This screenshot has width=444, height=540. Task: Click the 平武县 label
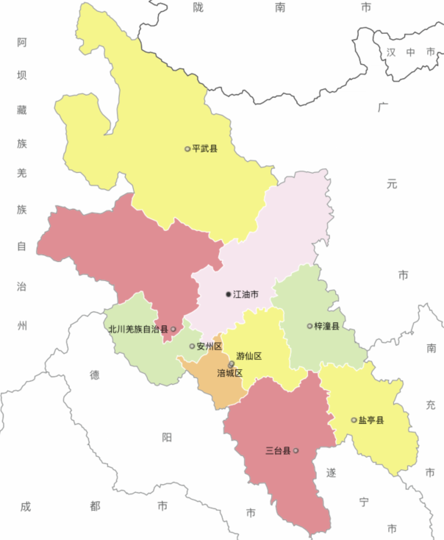point(205,149)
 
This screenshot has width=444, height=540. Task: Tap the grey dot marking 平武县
point(187,149)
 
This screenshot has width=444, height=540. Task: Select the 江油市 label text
point(246,294)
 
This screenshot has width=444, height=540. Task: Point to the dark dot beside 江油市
point(229,294)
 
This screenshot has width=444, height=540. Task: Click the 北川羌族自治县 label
point(138,330)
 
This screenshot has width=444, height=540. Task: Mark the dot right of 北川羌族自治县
point(173,330)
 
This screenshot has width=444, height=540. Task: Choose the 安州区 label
point(210,346)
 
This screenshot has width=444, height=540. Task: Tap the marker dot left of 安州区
point(193,346)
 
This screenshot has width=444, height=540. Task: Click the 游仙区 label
point(249,356)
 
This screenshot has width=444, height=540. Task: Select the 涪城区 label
point(229,373)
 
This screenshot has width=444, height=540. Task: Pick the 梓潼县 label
point(327,326)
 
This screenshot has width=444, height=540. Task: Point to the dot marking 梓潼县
point(309,326)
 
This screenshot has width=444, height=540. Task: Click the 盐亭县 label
point(371,420)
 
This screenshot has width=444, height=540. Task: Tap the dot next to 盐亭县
point(354,420)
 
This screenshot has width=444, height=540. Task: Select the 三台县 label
point(278,450)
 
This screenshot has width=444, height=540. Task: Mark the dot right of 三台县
point(296,450)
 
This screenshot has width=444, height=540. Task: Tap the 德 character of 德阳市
point(94,374)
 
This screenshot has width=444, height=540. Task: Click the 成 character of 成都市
point(26,506)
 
